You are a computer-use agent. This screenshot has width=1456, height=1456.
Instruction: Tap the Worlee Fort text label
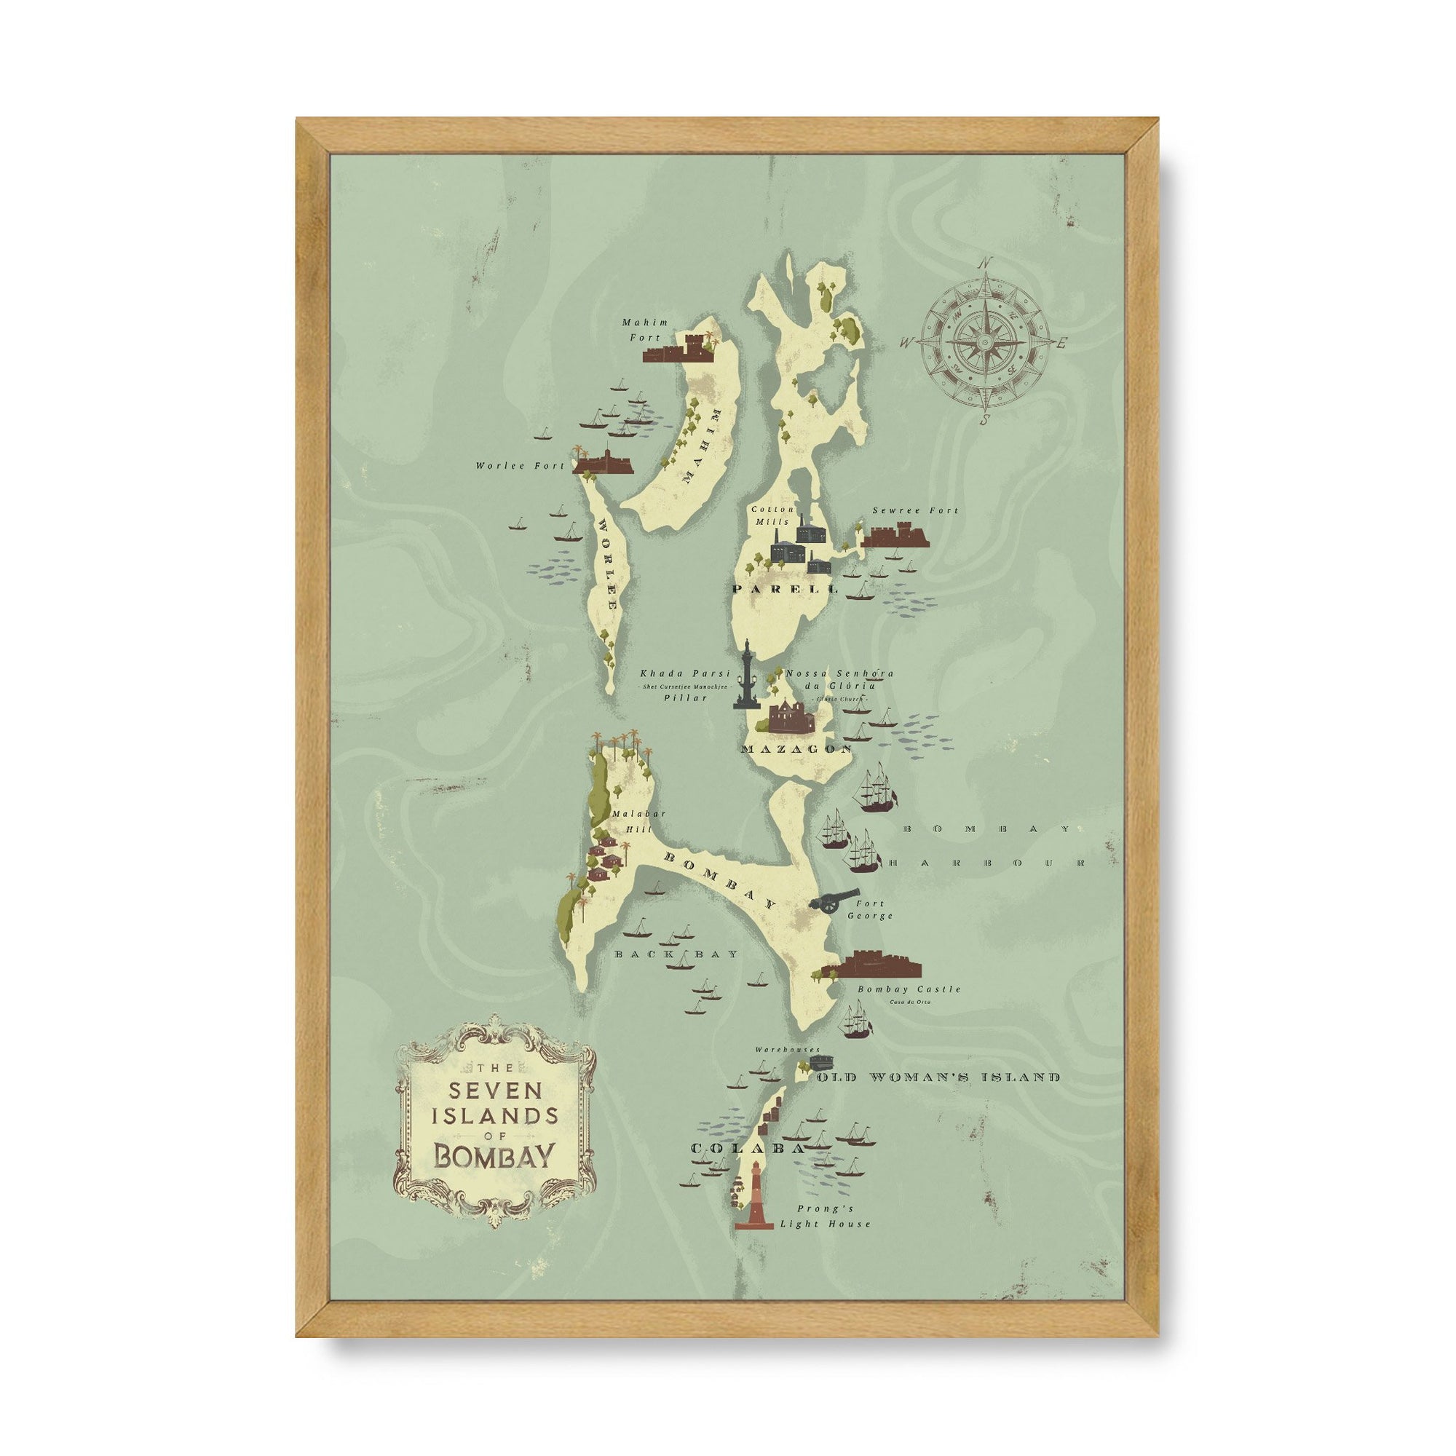pyautogui.click(x=519, y=466)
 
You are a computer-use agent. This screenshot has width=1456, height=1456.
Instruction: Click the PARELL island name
pyautogui.click(x=785, y=588)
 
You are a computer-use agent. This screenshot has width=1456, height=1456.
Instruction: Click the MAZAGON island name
pyautogui.click(x=796, y=749)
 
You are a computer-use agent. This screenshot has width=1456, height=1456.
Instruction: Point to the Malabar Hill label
pyautogui.click(x=630, y=820)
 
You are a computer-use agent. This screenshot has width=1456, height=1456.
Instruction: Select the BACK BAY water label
pyautogui.click(x=676, y=954)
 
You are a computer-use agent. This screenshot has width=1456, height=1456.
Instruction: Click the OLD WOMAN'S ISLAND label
pyautogui.click(x=938, y=1077)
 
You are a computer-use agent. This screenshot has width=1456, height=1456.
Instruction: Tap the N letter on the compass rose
pyautogui.click(x=984, y=264)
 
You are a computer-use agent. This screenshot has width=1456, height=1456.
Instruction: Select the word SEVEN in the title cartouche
pyautogui.click(x=494, y=1091)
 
